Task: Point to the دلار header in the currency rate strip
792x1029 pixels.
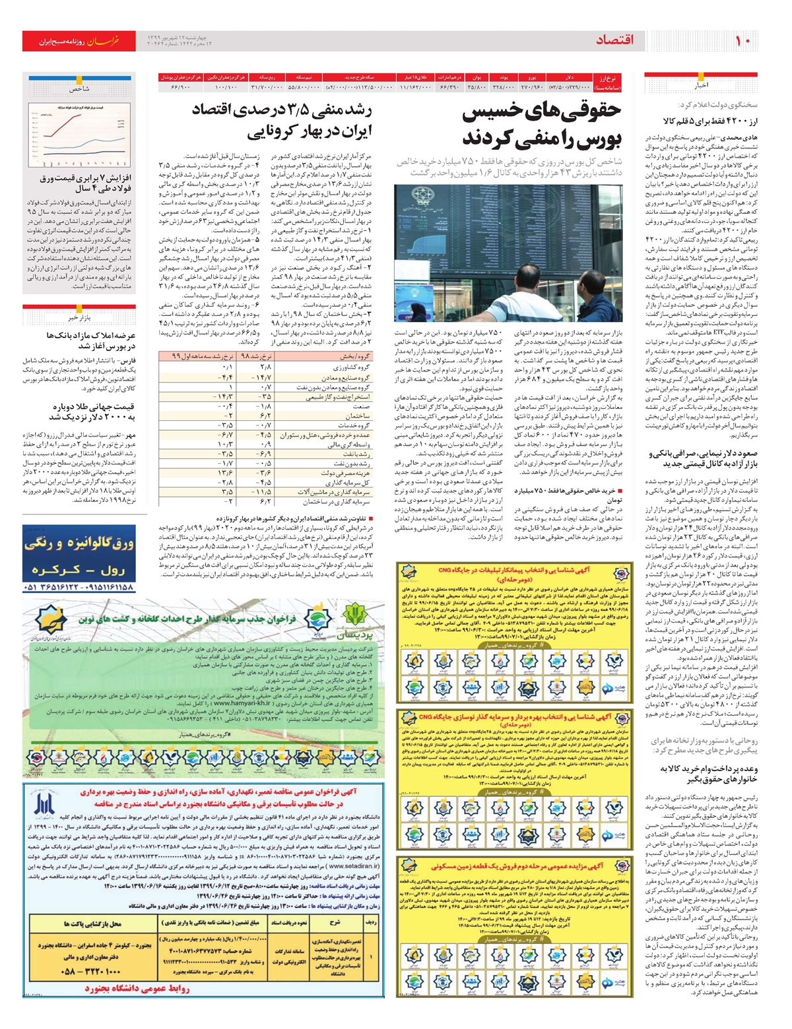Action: [569, 77]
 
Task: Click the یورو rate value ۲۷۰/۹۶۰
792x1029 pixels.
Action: [531, 87]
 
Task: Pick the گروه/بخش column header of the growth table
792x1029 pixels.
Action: [354, 356]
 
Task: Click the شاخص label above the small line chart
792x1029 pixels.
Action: [80, 88]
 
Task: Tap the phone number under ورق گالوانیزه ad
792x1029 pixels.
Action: [79, 587]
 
